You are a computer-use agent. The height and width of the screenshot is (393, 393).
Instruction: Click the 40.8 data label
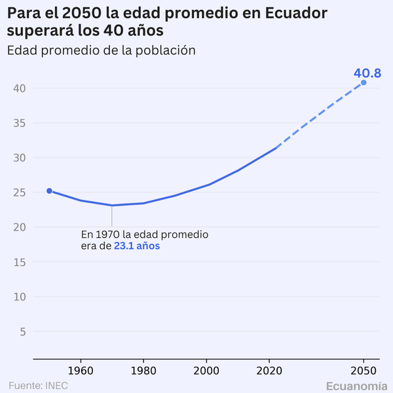pos(367,73)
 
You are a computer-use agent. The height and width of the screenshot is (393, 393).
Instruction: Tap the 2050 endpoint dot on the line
pos(364,83)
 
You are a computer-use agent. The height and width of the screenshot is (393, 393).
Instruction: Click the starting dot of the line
pos(49,191)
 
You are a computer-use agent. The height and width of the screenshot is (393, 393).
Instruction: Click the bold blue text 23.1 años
pos(137,246)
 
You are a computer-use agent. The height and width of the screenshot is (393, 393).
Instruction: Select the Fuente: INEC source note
pos(38,385)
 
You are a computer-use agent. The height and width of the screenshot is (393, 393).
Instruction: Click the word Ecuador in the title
pos(295,13)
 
